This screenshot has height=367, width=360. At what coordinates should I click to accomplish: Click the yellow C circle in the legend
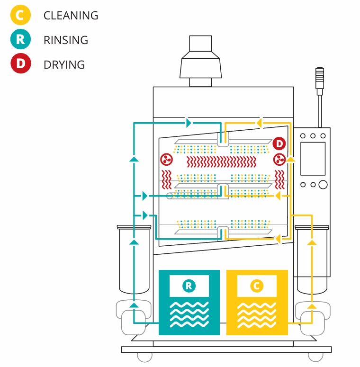20,15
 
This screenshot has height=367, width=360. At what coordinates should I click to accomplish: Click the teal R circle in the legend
20,40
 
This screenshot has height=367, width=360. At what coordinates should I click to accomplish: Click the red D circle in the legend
20,64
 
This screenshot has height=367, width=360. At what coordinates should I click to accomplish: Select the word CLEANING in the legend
71,16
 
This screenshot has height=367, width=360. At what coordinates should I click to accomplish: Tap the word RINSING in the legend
65,40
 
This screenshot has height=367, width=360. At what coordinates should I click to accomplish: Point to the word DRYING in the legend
64,65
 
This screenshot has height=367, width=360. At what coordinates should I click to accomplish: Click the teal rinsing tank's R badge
189,286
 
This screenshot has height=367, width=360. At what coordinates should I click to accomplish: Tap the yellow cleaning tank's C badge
257,286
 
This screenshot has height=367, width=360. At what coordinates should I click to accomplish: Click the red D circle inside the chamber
279,143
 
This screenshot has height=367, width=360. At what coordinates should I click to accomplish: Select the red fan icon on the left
166,159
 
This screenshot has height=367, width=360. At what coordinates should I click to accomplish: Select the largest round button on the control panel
323,184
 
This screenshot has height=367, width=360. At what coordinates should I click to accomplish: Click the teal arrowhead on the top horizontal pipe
189,123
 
